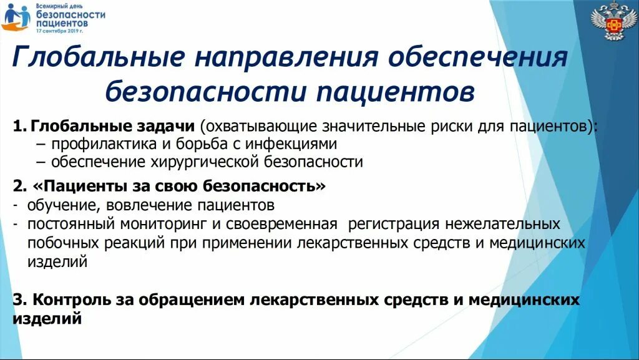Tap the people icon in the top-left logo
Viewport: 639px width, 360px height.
(x=16, y=17)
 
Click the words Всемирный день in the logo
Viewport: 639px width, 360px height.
(x=59, y=5)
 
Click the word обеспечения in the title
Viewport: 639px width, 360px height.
(x=478, y=58)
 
